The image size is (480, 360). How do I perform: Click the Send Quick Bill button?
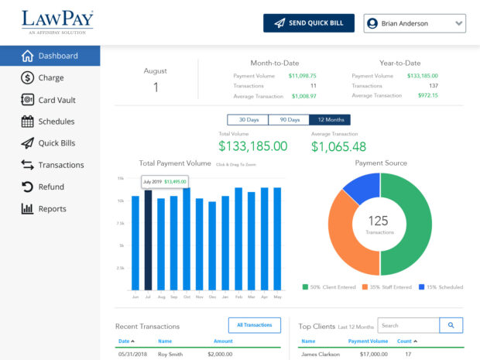[x=308, y=23]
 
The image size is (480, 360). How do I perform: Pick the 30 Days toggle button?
[x=248, y=120]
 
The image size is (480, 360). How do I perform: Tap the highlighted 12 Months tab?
[x=330, y=120]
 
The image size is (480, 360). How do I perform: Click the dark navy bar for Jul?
[x=148, y=240]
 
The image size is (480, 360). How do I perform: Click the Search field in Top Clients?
[x=408, y=326]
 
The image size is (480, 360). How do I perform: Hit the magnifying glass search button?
[x=451, y=326]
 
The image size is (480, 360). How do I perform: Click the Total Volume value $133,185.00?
[x=252, y=146]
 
